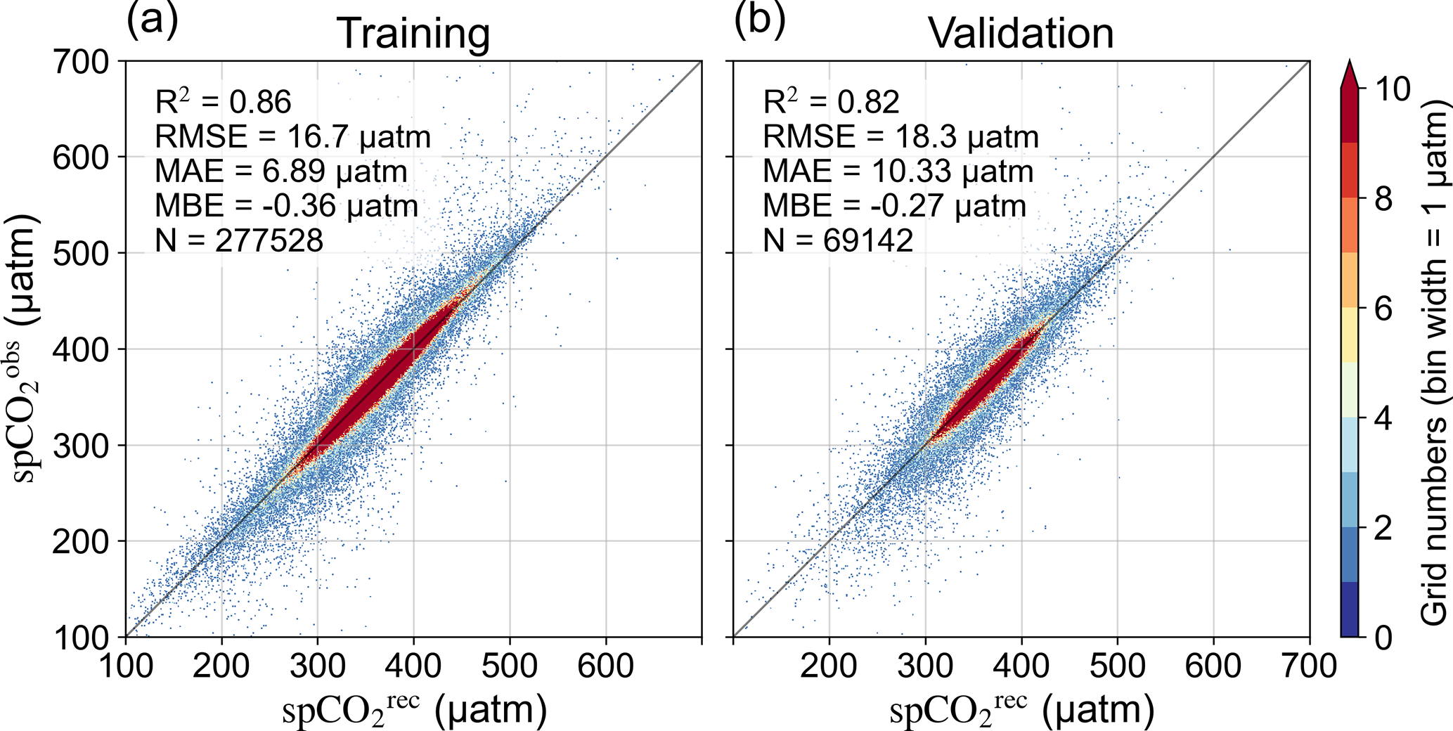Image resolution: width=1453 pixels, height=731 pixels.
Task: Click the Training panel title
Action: (x=413, y=33)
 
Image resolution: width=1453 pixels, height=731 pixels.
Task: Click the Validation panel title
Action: (x=1021, y=33)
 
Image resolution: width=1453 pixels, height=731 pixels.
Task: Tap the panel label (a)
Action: (x=152, y=20)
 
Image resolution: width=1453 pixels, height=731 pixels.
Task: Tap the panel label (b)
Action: (x=759, y=20)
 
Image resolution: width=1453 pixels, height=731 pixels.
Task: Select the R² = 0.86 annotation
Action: (x=223, y=103)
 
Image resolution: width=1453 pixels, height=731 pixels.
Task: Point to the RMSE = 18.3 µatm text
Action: (x=900, y=137)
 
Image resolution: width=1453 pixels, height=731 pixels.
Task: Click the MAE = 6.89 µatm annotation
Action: (x=280, y=172)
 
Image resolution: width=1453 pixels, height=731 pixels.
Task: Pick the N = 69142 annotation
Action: (x=838, y=241)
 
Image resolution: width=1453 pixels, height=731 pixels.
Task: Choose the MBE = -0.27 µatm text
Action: (x=894, y=207)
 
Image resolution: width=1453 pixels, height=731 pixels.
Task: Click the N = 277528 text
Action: (x=239, y=241)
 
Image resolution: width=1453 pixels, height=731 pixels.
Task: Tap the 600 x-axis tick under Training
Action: (x=605, y=666)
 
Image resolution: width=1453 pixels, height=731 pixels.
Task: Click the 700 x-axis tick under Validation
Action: (x=1308, y=666)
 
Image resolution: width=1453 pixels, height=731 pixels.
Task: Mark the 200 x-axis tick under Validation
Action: (x=829, y=666)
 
